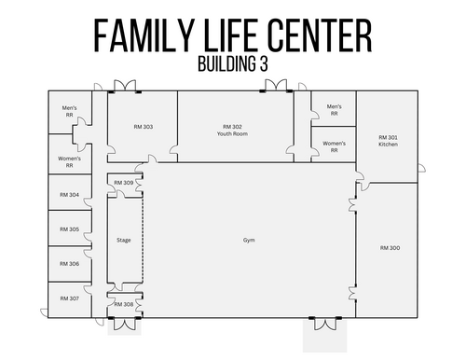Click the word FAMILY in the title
click(144, 35)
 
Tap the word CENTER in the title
click(320, 35)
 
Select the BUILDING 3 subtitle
click(233, 63)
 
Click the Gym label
click(249, 240)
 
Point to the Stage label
click(124, 240)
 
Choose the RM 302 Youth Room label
click(232, 131)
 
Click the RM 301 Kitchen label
click(388, 141)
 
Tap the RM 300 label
click(390, 248)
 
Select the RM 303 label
click(144, 127)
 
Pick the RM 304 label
click(69, 195)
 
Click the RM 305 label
click(69, 229)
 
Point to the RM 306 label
click(69, 264)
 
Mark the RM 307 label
click(69, 298)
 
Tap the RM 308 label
click(124, 304)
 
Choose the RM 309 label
click(124, 183)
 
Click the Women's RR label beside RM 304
click(69, 162)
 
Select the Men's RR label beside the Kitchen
click(334, 110)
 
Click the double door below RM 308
click(125, 324)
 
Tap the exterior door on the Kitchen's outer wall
click(421, 168)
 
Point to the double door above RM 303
click(125, 86)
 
